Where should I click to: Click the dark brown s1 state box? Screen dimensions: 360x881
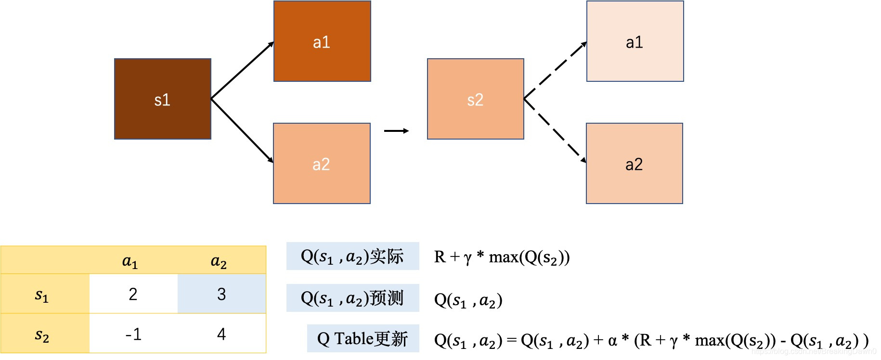(x=163, y=99)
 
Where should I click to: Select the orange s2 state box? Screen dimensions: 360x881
(x=475, y=99)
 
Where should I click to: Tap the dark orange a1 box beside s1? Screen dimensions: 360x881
(x=322, y=41)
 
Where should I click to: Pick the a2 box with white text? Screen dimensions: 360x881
(x=322, y=164)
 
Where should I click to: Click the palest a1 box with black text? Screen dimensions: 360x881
(x=635, y=41)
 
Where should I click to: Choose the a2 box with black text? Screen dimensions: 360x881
(x=634, y=164)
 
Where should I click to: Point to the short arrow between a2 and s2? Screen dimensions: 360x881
(x=396, y=131)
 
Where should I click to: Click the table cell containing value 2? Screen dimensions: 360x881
(x=133, y=294)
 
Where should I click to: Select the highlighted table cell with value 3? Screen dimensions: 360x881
(x=221, y=294)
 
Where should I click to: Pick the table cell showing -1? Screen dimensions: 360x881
(x=133, y=334)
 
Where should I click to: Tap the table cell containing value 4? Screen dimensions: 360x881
(x=221, y=334)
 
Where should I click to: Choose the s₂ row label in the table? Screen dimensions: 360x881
(x=42, y=334)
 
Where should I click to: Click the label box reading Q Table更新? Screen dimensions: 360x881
(x=363, y=339)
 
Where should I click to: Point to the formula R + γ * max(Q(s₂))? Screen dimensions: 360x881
(x=502, y=257)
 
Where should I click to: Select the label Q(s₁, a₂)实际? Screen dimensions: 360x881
(x=352, y=257)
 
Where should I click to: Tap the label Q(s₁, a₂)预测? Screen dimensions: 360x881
(x=352, y=298)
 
